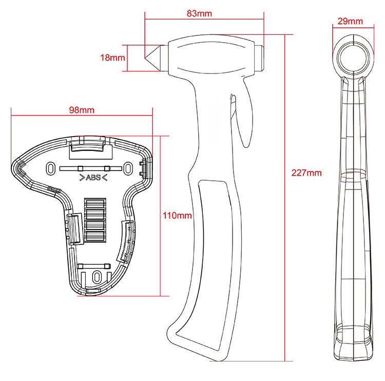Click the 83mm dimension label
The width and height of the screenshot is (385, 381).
(x=199, y=13)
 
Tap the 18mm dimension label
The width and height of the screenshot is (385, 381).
(x=112, y=58)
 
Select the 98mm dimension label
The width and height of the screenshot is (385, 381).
(x=82, y=110)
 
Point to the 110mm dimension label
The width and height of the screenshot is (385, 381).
(x=177, y=216)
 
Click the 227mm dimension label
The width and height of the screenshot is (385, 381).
(x=306, y=173)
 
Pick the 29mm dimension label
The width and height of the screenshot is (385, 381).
(x=350, y=21)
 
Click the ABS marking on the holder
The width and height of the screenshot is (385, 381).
(x=93, y=177)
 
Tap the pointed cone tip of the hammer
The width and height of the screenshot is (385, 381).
(x=145, y=58)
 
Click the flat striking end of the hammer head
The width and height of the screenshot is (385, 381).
(x=260, y=58)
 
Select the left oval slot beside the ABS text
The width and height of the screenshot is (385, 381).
(x=50, y=169)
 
